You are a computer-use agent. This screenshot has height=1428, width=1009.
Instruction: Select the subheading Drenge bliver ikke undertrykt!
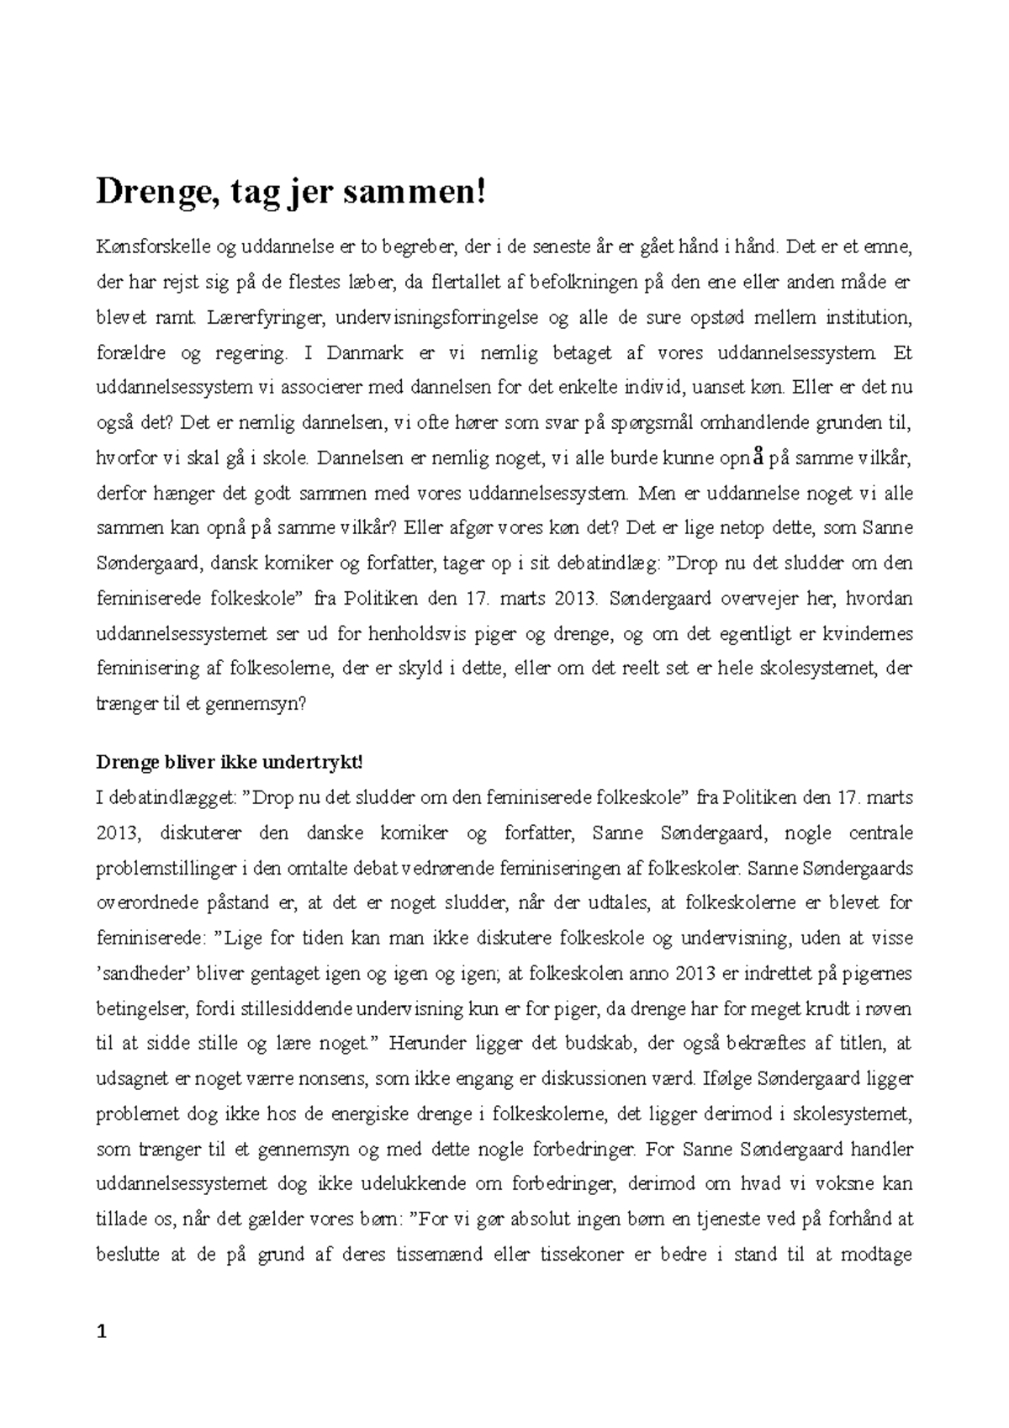(x=230, y=762)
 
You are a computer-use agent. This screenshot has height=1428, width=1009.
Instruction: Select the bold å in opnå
(x=758, y=458)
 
